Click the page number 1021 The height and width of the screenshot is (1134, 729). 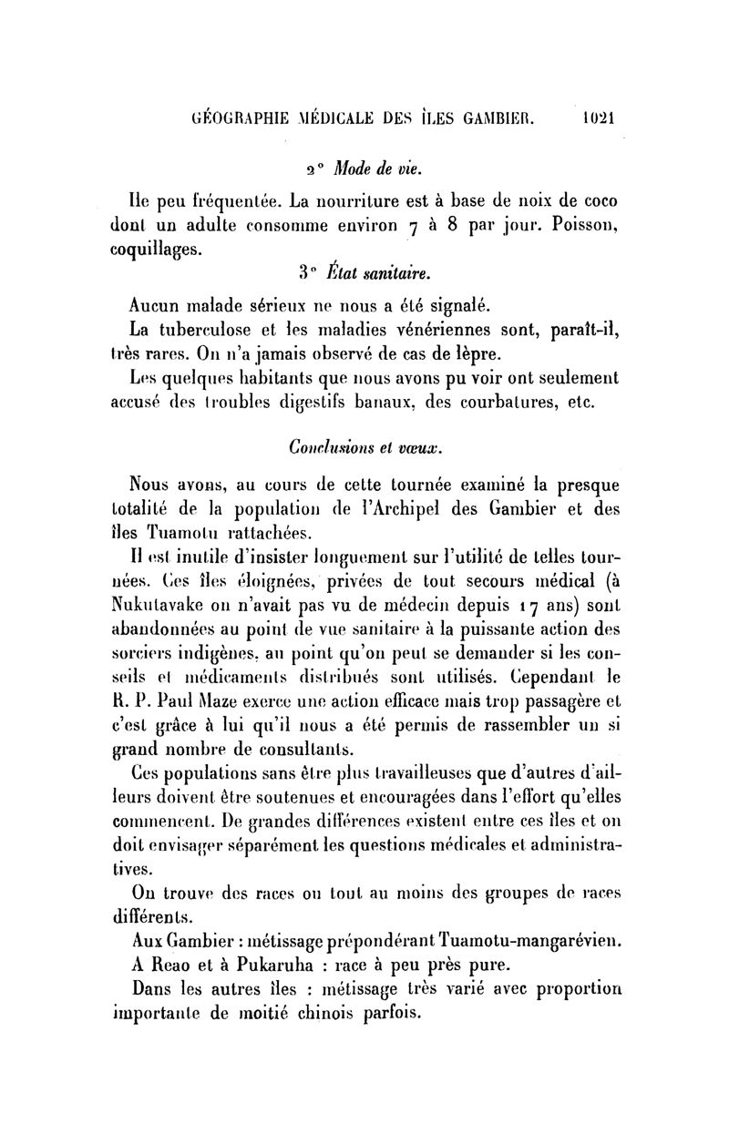(x=599, y=117)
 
